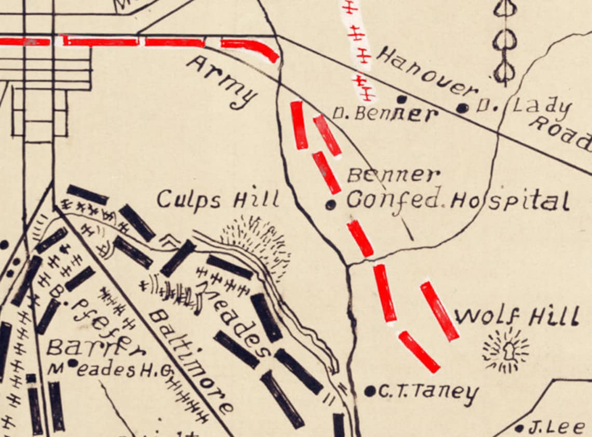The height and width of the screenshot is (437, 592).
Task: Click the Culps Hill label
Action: [x=218, y=199]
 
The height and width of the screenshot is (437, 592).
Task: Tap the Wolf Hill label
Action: [x=517, y=316]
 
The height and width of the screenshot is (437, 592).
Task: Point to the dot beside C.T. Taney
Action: [x=370, y=391]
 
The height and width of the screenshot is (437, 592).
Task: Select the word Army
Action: [x=223, y=82]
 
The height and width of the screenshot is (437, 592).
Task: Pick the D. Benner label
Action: [x=385, y=113]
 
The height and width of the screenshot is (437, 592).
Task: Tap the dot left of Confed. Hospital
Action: [x=330, y=205]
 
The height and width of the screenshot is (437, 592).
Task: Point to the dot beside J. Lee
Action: [x=519, y=429]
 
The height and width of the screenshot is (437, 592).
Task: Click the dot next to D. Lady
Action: [x=463, y=108]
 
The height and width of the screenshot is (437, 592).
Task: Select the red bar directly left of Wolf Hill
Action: [x=439, y=311]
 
